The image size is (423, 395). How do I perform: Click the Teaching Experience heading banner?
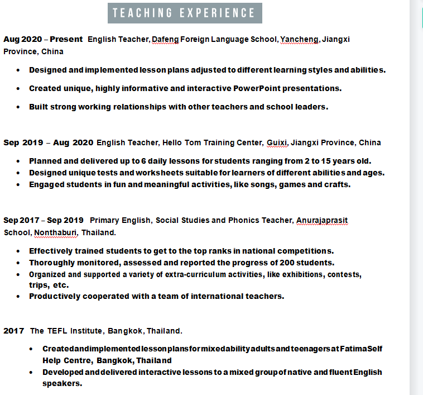pyautogui.click(x=184, y=13)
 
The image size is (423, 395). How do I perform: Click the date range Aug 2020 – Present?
pyautogui.click(x=42, y=40)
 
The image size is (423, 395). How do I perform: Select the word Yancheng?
pyautogui.click(x=299, y=40)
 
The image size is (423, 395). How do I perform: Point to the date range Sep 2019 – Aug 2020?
pyautogui.click(x=49, y=143)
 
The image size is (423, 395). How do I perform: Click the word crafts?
pyautogui.click(x=337, y=185)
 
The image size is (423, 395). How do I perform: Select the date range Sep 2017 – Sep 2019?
pyautogui.click(x=44, y=221)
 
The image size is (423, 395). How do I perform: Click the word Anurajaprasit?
pyautogui.click(x=322, y=221)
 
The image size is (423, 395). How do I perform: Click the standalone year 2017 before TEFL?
pyautogui.click(x=14, y=331)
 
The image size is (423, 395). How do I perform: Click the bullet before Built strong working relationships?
pyautogui.click(x=18, y=107)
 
